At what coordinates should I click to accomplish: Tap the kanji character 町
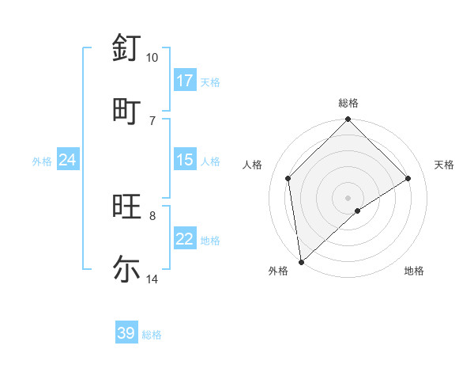126,111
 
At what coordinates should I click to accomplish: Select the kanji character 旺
126,207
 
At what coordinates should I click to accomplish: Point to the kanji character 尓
126,269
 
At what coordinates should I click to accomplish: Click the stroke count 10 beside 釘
152,58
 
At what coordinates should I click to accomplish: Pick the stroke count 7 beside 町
152,120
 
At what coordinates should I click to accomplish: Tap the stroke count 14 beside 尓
152,279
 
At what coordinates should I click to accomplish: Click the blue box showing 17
185,81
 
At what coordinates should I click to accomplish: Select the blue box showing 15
185,161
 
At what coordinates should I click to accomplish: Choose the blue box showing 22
185,240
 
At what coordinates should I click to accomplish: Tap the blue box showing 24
68,161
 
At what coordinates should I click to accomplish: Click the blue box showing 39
126,334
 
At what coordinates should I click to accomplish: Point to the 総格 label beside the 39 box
152,335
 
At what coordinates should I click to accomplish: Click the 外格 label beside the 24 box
42,161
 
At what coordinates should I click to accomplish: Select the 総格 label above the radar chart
348,103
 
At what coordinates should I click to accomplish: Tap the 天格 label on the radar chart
444,165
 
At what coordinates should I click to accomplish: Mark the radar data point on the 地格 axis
358,211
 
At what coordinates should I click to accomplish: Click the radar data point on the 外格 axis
301,262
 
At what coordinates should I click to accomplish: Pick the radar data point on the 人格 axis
288,178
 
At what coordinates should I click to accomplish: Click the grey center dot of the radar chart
348,197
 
